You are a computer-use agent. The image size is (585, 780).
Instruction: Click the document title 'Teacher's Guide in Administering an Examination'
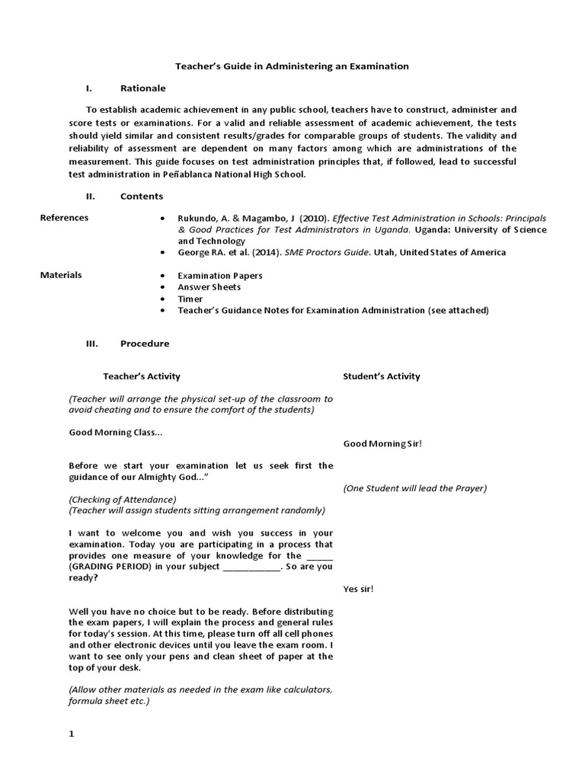pos(292,66)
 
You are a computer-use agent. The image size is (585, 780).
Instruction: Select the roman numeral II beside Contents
pos(90,196)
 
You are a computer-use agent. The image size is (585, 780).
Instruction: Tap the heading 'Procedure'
pos(145,344)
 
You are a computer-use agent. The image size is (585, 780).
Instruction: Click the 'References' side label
pos(64,218)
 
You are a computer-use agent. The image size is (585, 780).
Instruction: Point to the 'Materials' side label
pos(61,275)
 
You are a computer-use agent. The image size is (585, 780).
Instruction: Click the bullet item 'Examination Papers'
pos(219,276)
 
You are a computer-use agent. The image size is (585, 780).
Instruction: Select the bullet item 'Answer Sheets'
pos(209,287)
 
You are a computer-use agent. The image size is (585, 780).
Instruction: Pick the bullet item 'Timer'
pos(190,299)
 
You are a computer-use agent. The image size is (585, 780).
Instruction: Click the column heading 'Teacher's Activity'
pos(142,376)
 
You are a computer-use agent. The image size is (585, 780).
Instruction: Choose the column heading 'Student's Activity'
pos(381,376)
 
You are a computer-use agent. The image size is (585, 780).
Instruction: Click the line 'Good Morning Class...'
pos(115,432)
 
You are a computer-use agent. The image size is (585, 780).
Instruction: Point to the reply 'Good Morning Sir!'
pos(382,443)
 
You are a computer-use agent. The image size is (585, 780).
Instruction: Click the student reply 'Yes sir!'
pos(358,589)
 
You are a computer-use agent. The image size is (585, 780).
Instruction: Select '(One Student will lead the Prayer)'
pos(414,488)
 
